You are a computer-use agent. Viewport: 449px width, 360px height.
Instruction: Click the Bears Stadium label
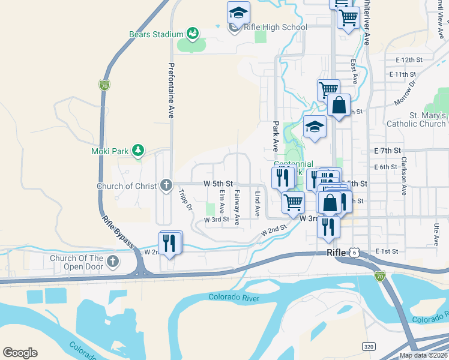[155, 34]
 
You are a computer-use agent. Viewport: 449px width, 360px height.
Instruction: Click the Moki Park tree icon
[138, 149]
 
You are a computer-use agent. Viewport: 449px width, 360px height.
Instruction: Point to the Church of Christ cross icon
[166, 185]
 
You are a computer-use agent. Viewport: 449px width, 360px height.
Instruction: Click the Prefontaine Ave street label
[171, 89]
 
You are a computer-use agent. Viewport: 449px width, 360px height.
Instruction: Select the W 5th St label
[218, 183]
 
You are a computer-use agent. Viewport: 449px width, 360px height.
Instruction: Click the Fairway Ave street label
[237, 207]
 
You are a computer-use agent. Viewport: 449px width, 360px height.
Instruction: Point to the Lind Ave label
[257, 204]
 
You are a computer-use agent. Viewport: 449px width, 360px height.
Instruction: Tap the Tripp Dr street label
[185, 200]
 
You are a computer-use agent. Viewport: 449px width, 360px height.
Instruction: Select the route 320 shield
[369, 346]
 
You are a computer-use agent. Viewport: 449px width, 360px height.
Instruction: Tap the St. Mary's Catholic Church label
[428, 119]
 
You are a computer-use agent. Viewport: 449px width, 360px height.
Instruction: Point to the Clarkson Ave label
[405, 176]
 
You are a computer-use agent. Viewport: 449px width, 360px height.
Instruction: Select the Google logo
[20, 353]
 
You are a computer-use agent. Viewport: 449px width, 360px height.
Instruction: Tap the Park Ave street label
[276, 136]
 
